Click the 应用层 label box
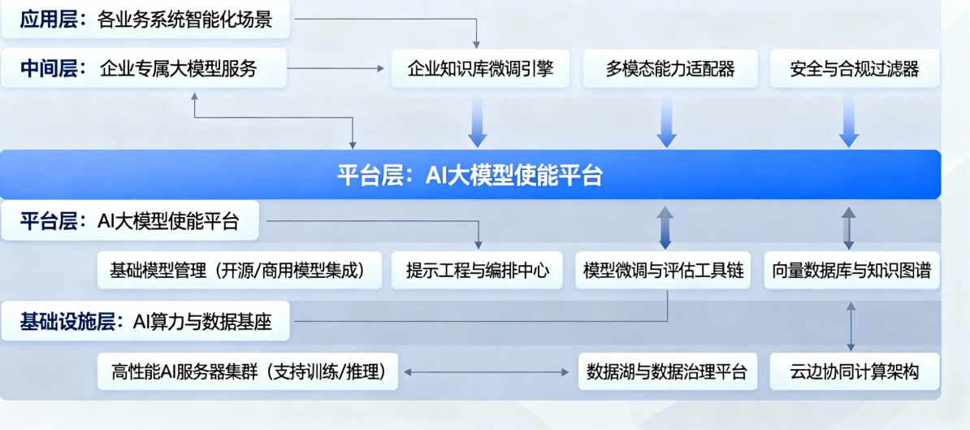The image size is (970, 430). [145, 20]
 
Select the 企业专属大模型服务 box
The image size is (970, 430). [143, 68]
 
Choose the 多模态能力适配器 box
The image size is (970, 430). [669, 68]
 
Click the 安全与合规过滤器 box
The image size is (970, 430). [854, 68]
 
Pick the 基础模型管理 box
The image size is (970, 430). [240, 271]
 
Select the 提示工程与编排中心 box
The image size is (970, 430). [478, 271]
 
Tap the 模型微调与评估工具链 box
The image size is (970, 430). [664, 271]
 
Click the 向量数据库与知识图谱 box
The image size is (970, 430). [852, 271]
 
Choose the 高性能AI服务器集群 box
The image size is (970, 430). [248, 371]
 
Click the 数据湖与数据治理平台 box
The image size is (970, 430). [666, 371]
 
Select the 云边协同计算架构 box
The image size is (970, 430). [854, 371]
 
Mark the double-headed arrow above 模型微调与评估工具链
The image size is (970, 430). [665, 228]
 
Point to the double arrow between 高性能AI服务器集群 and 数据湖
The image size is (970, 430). [487, 372]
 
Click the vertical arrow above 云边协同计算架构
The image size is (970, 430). [851, 325]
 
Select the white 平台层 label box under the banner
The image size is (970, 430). [130, 220]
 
